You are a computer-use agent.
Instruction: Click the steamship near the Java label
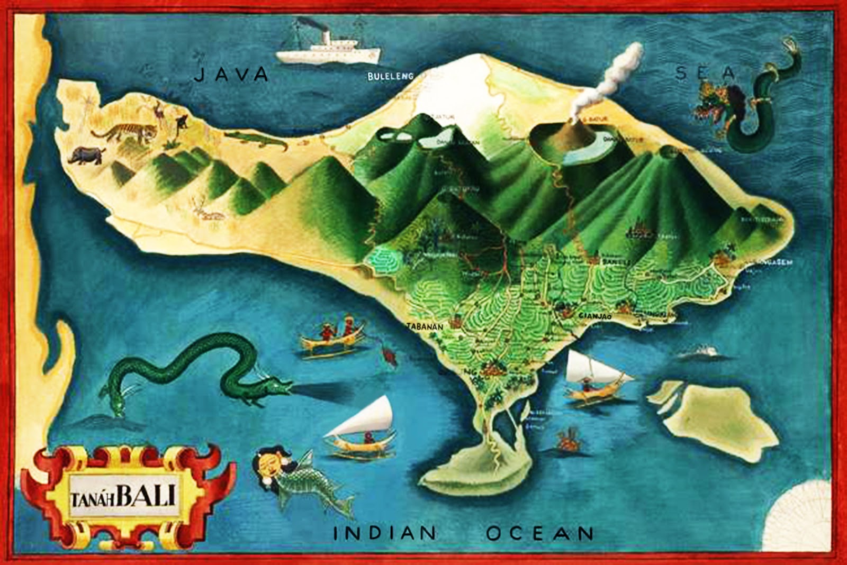(328, 50)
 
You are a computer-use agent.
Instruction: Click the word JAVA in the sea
(231, 74)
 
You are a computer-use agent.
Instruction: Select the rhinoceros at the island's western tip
(86, 155)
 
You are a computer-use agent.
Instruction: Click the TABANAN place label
(424, 327)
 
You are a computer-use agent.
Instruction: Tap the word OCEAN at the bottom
(539, 533)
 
